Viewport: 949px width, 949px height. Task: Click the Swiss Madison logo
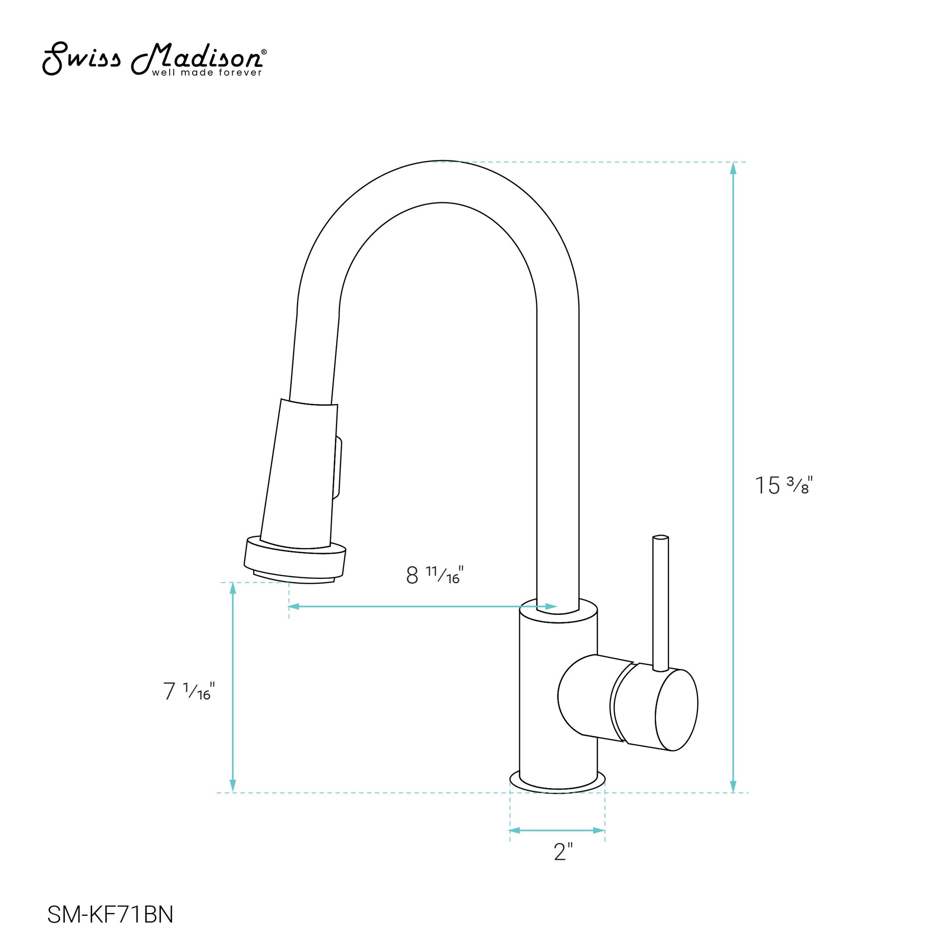(x=155, y=59)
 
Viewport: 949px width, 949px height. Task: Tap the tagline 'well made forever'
(x=207, y=73)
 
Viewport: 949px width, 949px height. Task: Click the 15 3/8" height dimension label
(x=784, y=485)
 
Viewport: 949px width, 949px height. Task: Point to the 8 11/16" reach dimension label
(x=435, y=574)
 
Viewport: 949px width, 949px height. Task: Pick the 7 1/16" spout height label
(x=189, y=691)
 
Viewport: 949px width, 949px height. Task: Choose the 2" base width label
(x=563, y=852)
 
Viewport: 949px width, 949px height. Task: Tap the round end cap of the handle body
(x=677, y=710)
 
